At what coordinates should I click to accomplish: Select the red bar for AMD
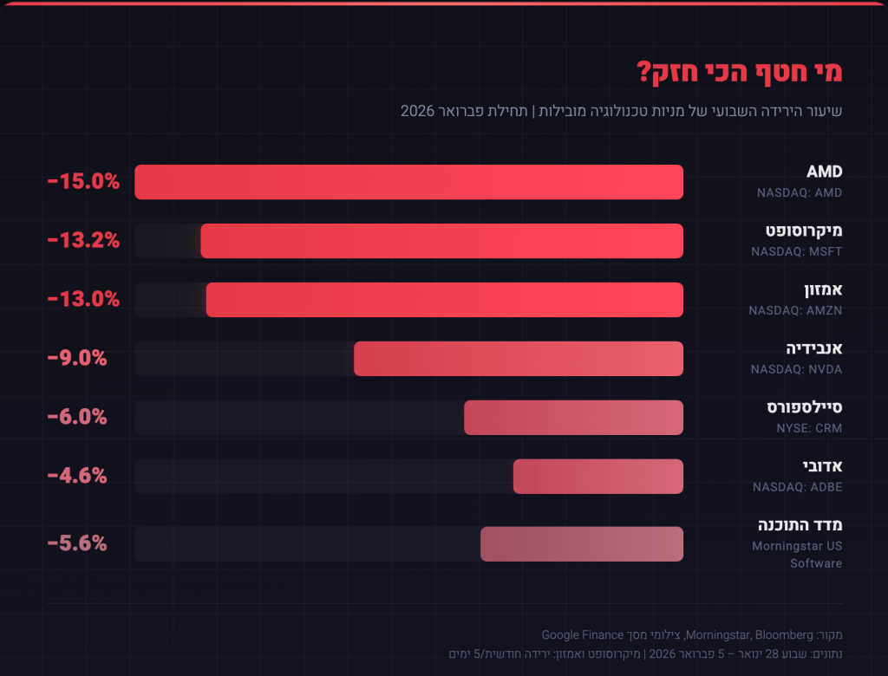pyautogui.click(x=408, y=182)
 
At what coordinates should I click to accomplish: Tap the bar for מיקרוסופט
pyautogui.click(x=441, y=241)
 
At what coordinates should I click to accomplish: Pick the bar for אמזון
pyautogui.click(x=444, y=300)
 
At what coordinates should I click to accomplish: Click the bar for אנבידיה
pyautogui.click(x=518, y=359)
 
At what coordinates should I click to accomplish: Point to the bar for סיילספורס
pyautogui.click(x=573, y=418)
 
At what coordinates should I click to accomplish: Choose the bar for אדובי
pyautogui.click(x=597, y=477)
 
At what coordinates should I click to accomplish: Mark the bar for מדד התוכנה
pyautogui.click(x=582, y=543)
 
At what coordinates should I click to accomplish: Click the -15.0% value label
pyautogui.click(x=83, y=182)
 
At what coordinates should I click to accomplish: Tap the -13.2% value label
pyautogui.click(x=83, y=241)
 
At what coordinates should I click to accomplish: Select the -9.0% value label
pyautogui.click(x=77, y=359)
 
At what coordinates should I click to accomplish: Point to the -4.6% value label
pyautogui.click(x=77, y=477)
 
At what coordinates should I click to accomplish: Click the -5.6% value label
pyautogui.click(x=77, y=543)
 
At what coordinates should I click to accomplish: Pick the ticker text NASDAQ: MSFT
pyautogui.click(x=796, y=251)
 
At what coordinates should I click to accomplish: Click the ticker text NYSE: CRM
pyautogui.click(x=808, y=428)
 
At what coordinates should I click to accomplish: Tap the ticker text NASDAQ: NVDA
pyautogui.click(x=796, y=369)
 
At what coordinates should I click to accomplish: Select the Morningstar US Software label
pyautogui.click(x=797, y=555)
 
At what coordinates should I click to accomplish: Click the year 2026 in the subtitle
pyautogui.click(x=417, y=111)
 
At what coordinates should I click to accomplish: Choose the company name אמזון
pyautogui.click(x=819, y=289)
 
